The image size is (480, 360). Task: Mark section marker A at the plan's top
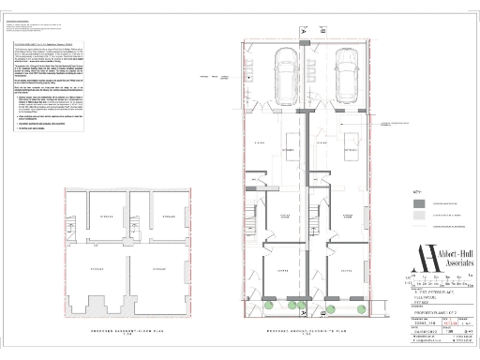(304, 31)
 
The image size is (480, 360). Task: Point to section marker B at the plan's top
(321, 31)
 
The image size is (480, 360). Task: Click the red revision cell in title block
(432, 324)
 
